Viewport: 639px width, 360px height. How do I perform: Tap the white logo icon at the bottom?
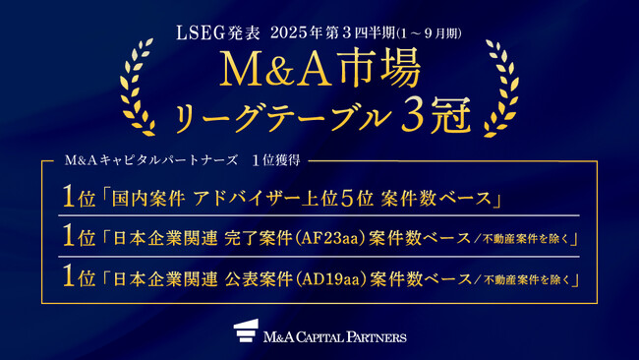pyautogui.click(x=246, y=332)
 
